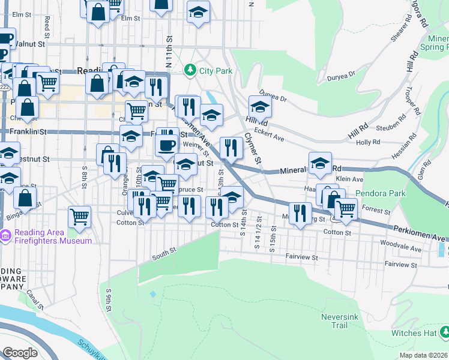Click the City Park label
pos(215,71)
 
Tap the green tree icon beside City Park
pos(191,71)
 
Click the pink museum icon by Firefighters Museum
pos(6,234)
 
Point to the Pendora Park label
pos(380,194)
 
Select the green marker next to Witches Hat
pos(444,331)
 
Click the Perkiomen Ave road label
pos(421,230)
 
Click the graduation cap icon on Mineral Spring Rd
pos(320,162)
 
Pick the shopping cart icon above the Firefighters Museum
pos(79,216)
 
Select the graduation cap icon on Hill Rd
pos(260,106)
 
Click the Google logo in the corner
pos(20,353)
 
